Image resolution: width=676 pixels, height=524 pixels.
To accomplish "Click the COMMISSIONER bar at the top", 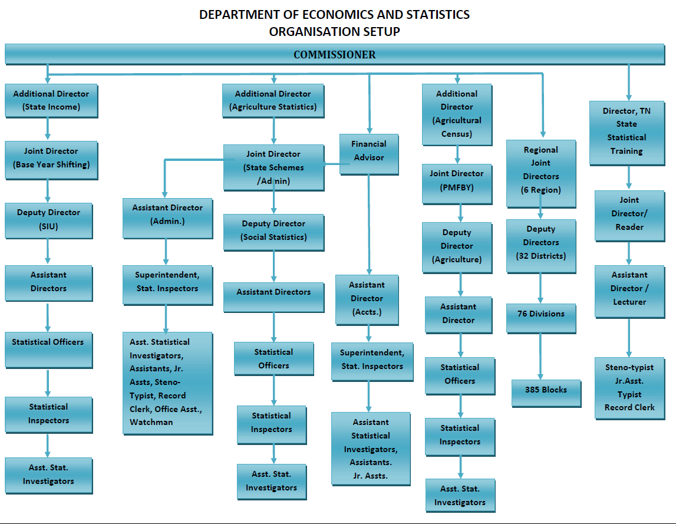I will click(334, 54).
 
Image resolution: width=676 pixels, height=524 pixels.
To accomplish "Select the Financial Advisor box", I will click(369, 151).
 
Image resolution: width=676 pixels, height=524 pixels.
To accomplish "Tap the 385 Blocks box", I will click(546, 390).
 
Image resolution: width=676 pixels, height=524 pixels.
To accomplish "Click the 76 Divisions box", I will click(540, 314).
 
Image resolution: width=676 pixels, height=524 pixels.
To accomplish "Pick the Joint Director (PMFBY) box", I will click(457, 180).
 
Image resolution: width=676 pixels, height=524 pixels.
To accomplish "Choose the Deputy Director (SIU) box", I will click(48, 219).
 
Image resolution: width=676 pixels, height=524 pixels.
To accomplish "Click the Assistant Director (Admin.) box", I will click(167, 215).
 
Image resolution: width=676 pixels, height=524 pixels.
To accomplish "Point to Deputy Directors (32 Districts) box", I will click(540, 243).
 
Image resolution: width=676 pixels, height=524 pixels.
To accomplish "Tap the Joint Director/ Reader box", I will click(629, 213).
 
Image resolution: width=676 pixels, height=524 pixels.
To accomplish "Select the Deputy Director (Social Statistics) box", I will click(273, 230).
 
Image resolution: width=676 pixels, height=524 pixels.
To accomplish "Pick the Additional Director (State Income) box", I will click(51, 100).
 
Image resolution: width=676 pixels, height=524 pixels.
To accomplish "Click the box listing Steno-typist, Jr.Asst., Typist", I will click(629, 387).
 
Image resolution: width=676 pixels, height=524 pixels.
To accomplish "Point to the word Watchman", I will click(151, 422).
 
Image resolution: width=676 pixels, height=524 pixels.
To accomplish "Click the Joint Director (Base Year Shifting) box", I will click(51, 158).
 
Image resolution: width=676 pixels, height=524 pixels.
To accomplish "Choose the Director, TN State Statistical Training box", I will click(626, 131).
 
